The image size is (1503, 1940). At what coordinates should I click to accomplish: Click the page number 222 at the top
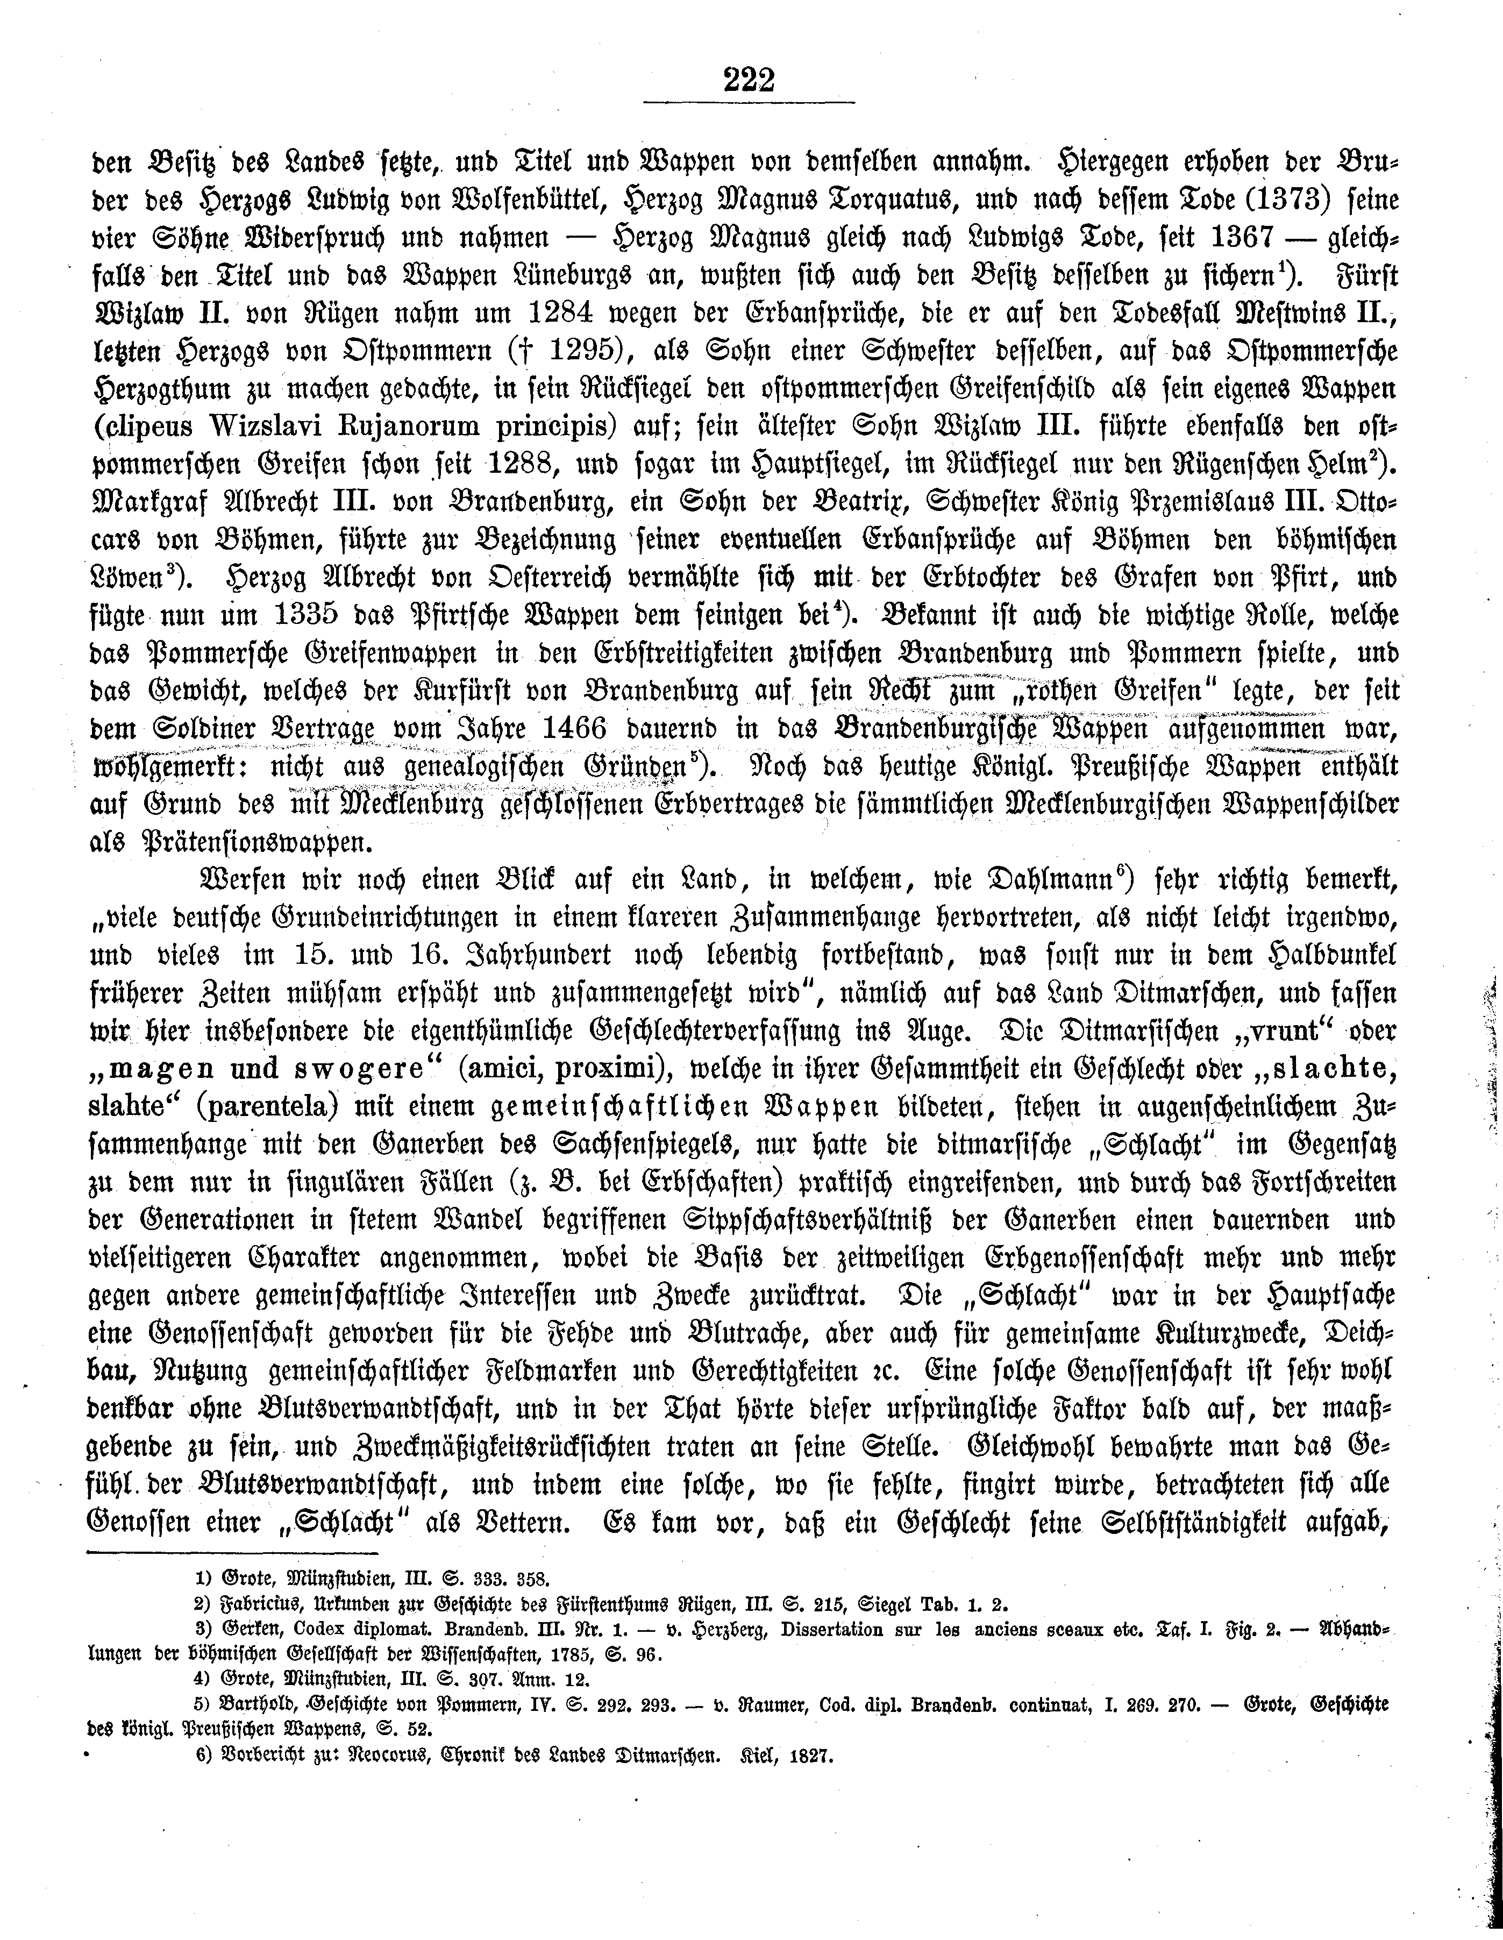751,80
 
